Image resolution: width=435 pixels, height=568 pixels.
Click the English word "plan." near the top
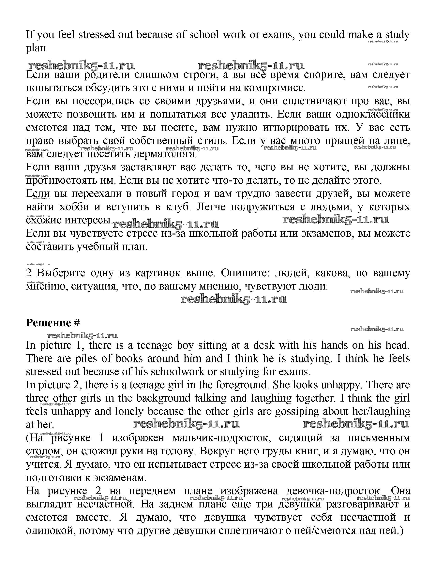pyautogui.click(x=37, y=48)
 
